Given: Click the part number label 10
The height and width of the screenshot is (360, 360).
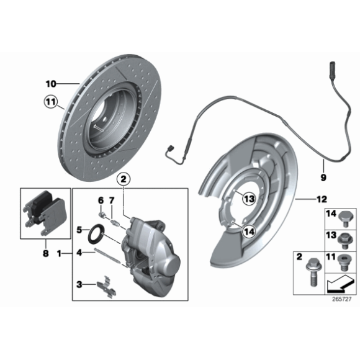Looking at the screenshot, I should (50, 83).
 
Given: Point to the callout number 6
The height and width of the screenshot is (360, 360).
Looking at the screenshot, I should (99, 199).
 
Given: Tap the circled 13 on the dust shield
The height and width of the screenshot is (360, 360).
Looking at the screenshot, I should (248, 199).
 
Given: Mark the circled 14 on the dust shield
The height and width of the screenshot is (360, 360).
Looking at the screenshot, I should (248, 231).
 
